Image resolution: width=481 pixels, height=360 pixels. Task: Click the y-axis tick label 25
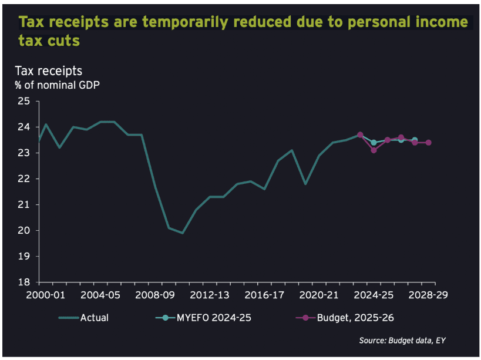[x=24, y=101]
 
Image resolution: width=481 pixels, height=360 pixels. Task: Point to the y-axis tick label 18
[x=24, y=282]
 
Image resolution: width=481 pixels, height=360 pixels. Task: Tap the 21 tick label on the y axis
[x=24, y=204]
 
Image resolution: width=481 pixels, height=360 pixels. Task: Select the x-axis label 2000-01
[x=46, y=295]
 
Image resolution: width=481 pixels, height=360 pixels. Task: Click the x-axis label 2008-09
[x=155, y=295]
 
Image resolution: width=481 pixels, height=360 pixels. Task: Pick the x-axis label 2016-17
[x=264, y=295]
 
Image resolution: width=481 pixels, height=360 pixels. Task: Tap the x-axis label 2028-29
[x=428, y=295]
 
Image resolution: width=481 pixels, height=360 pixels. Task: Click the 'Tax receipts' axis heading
[x=49, y=71]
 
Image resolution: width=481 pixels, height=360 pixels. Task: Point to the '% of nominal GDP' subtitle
[x=57, y=85]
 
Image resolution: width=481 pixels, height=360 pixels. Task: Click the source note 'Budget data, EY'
[x=417, y=341]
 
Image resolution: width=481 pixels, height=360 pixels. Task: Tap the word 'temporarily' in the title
[x=186, y=22]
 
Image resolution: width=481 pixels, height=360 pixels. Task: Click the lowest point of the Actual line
[x=183, y=233]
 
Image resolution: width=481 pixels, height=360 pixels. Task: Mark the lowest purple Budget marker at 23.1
[x=374, y=150]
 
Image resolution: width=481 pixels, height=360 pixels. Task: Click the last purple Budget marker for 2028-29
[x=429, y=143]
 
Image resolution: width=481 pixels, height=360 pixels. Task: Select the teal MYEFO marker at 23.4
[x=374, y=143]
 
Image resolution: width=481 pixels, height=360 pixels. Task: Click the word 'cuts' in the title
[x=65, y=41]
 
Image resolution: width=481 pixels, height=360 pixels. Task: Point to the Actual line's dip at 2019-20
[x=305, y=184]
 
